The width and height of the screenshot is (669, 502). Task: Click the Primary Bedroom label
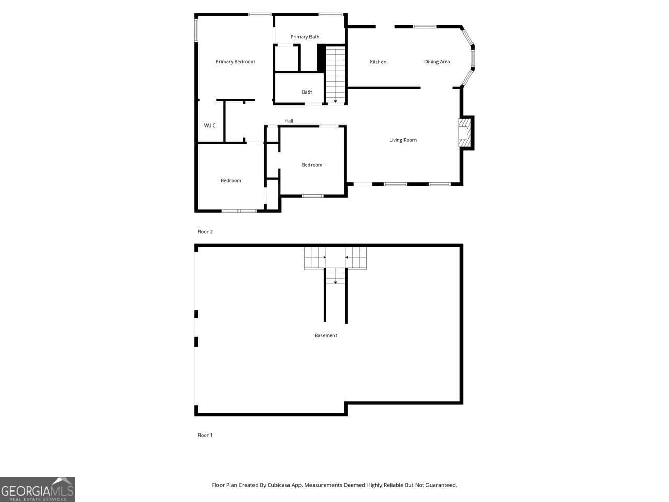235,62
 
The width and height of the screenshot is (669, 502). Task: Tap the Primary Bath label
305,37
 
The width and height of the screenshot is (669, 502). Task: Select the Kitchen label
378,62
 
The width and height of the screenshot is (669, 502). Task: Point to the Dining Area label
437,62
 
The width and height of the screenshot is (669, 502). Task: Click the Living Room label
402,140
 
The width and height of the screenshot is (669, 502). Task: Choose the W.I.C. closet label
210,125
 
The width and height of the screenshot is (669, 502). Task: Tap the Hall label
289,121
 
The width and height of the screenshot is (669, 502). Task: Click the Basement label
326,336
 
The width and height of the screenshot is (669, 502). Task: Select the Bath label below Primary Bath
307,92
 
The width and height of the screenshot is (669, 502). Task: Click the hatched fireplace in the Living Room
464,133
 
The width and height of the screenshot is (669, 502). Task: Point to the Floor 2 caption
205,232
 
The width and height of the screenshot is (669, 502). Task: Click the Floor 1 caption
205,435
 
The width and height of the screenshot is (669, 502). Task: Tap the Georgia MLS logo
38,489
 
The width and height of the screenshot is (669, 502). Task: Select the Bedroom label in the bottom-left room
230,181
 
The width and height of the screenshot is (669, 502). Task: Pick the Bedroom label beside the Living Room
312,165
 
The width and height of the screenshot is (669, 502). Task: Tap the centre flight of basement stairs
336,276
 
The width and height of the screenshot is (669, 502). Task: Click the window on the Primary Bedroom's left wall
196,31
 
